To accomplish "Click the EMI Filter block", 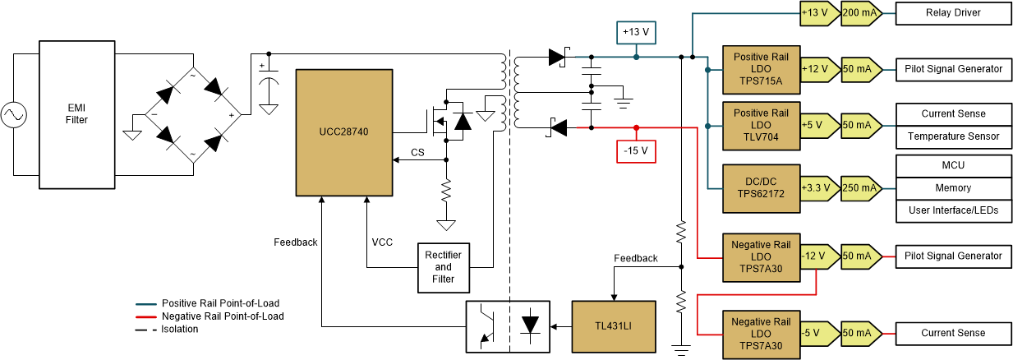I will [x=77, y=114].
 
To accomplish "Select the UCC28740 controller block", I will [x=344, y=132].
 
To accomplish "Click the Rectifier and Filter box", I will [x=443, y=267].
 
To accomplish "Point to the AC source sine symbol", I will [x=14, y=114].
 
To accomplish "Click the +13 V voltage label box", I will [x=636, y=32].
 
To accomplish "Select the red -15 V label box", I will [x=636, y=150].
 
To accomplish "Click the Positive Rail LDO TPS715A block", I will [x=760, y=69].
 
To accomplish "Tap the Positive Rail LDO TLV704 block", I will [x=760, y=126].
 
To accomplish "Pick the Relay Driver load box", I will [x=952, y=13].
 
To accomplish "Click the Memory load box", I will [x=952, y=188].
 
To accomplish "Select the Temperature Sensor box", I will [x=952, y=136].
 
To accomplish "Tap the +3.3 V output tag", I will [x=817, y=188].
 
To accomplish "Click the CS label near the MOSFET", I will [x=418, y=153].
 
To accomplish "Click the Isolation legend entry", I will [x=180, y=329].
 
